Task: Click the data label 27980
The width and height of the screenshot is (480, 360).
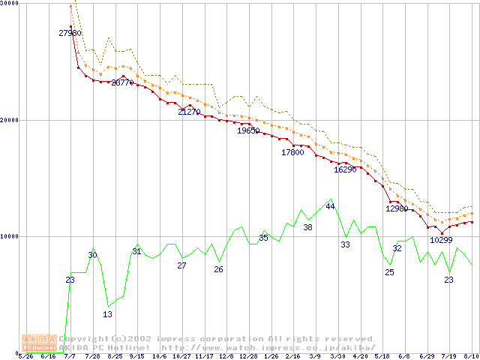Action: (x=70, y=33)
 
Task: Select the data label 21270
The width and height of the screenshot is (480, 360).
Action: (x=189, y=112)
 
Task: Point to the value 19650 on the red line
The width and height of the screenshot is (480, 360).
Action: (x=248, y=130)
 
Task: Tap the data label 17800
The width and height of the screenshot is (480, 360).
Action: (x=292, y=152)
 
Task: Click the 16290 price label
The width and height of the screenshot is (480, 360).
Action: (x=345, y=169)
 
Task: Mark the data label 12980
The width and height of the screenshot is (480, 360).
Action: (x=397, y=208)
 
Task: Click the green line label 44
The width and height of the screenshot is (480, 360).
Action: (x=330, y=206)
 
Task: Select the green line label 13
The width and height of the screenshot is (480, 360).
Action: (x=107, y=314)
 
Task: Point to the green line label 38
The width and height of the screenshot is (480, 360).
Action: (x=307, y=227)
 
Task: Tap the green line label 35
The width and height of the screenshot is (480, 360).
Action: (x=263, y=238)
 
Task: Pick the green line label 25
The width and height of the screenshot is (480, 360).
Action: (x=389, y=272)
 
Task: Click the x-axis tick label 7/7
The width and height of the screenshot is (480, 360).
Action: (x=70, y=356)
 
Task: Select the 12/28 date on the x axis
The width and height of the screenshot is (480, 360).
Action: (x=248, y=356)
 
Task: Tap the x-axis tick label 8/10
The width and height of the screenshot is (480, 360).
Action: (x=471, y=356)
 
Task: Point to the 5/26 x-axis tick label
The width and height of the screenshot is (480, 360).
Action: (x=25, y=356)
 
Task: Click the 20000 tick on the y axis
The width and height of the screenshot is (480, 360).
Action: (x=9, y=120)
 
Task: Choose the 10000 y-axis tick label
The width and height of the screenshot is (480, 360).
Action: (x=9, y=236)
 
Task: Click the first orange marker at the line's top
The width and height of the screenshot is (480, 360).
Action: (x=70, y=7)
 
